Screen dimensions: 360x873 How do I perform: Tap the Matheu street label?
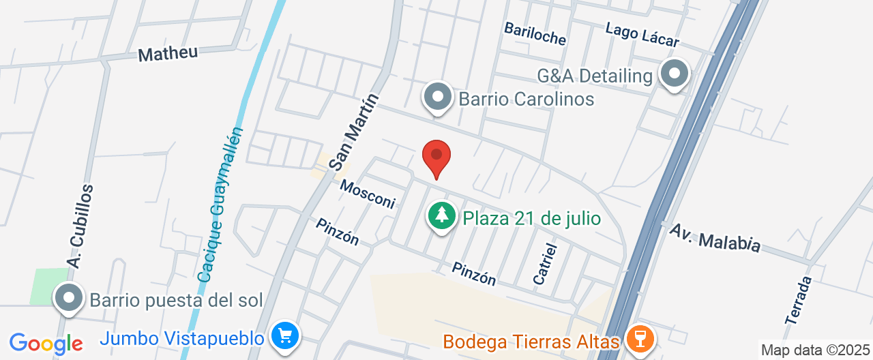(x=168, y=53)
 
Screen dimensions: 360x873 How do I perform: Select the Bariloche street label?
(x=535, y=33)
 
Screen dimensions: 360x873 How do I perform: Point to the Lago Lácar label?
(x=642, y=34)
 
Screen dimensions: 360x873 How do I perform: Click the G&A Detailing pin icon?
(x=675, y=74)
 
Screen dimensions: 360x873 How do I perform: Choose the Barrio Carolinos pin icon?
(x=438, y=97)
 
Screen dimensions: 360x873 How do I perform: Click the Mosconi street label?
(x=368, y=194)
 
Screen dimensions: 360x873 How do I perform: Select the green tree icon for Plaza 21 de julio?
(x=442, y=216)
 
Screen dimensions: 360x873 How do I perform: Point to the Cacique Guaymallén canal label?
(x=220, y=205)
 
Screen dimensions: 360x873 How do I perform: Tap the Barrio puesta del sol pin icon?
(x=69, y=299)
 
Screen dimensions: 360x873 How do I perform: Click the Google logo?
(x=46, y=344)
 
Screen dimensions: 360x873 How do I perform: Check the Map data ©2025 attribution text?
(x=816, y=350)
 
